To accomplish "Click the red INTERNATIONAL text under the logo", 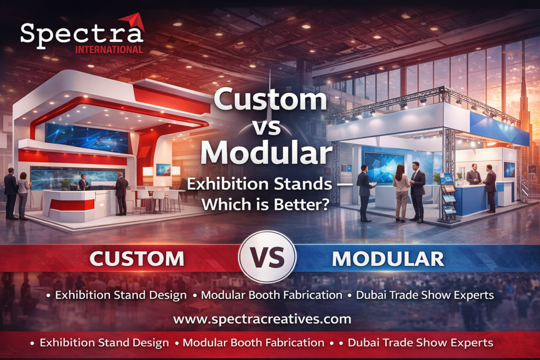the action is click(109, 50).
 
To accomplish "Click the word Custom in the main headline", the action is click(270, 99).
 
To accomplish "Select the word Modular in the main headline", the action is click(266, 152).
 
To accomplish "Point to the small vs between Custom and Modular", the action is click(266, 127).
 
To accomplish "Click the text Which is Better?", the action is click(265, 205).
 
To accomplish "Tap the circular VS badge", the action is click(267, 257).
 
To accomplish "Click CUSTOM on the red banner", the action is click(137, 258).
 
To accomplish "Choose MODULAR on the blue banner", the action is click(388, 259).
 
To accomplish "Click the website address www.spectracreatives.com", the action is click(262, 319).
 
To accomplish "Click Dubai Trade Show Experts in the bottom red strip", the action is click(420, 343).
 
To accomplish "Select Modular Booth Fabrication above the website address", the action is click(272, 295).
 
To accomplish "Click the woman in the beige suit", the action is click(401, 193).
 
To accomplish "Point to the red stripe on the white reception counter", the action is click(72, 205).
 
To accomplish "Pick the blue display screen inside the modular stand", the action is click(383, 167).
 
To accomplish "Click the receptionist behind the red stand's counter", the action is click(83, 182).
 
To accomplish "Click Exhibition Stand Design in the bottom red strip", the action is click(104, 343).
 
